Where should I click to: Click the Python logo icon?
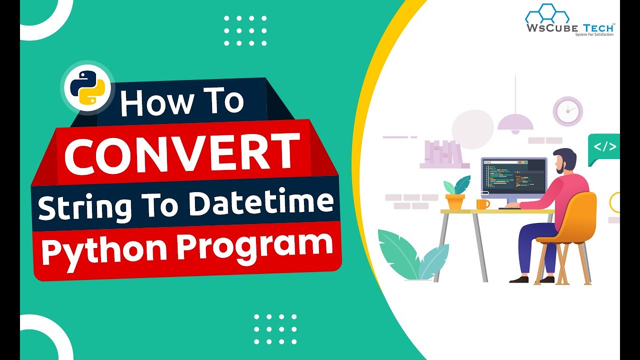point(87,90)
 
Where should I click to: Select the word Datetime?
point(269,204)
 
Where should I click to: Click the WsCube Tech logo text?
point(569,28)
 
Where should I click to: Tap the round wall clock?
point(567,111)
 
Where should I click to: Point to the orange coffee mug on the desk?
point(482,204)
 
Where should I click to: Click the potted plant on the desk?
point(455,192)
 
